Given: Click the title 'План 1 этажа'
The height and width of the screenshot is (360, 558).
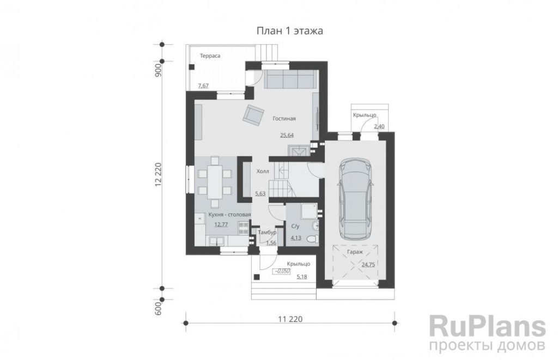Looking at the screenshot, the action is click(290, 31).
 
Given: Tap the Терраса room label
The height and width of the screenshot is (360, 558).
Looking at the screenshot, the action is click(210, 56).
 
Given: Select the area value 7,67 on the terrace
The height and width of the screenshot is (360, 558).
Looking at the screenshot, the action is click(203, 86).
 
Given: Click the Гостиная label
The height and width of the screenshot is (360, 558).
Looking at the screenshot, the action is click(284, 119).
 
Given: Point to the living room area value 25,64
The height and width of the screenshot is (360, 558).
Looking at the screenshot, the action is click(287, 135).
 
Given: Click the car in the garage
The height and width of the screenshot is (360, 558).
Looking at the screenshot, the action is click(355, 199).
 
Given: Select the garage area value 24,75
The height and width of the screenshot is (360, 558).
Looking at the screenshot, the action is click(368, 265).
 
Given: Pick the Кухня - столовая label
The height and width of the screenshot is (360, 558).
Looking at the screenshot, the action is click(225, 215).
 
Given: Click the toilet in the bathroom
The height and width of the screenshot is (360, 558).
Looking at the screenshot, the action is click(313, 239).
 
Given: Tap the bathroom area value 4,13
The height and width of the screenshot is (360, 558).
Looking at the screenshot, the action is click(296, 238).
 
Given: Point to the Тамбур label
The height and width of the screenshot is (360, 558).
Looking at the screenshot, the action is click(267, 233).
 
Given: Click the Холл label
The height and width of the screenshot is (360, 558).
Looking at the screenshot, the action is click(263, 172).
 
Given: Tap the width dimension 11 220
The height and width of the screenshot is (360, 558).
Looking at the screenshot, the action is click(290, 319).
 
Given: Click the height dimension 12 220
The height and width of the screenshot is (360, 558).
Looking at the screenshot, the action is click(159, 174).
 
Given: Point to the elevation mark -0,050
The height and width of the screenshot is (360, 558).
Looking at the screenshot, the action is click(282, 271).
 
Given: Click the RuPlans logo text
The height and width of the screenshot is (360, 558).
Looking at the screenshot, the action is click(488, 326).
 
